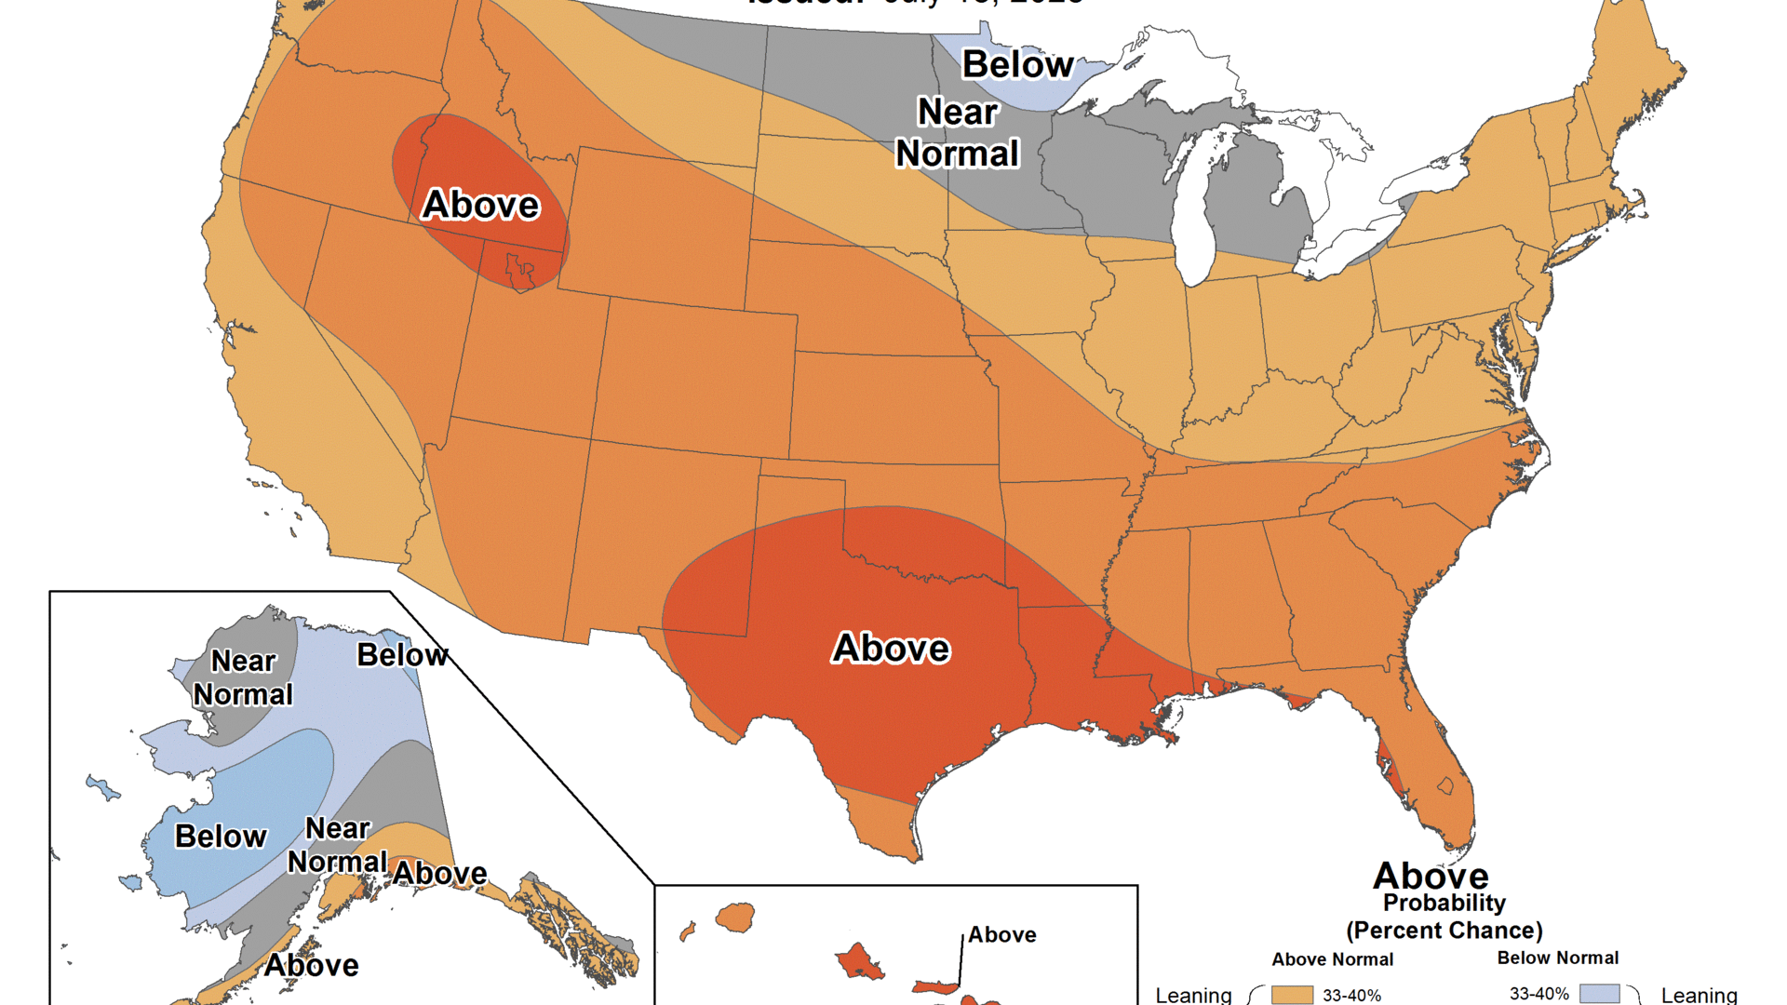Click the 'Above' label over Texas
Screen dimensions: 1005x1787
(891, 648)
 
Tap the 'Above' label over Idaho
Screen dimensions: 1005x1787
(480, 205)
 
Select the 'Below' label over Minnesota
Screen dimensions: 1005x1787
(1017, 64)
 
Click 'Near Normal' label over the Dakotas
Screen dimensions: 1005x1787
(958, 132)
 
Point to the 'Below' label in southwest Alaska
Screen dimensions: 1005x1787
(221, 836)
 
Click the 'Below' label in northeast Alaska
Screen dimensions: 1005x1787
(402, 655)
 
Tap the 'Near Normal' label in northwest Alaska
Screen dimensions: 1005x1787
(243, 677)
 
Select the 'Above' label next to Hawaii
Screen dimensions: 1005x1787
(1001, 934)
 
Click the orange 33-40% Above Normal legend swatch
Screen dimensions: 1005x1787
(1292, 995)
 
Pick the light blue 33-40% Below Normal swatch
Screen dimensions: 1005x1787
(1599, 994)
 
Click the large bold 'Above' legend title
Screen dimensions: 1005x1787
(1431, 876)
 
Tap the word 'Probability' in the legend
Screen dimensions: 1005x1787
(1444, 903)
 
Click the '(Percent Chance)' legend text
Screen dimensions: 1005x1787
(1444, 931)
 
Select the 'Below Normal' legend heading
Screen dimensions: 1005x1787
(1557, 958)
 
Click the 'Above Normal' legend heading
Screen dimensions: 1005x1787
(1332, 959)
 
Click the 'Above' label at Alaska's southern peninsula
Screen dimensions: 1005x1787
(311, 965)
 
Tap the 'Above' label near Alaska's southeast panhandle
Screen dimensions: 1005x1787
(439, 873)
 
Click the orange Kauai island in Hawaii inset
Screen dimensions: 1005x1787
(735, 917)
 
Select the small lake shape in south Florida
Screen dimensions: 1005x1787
(1445, 785)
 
